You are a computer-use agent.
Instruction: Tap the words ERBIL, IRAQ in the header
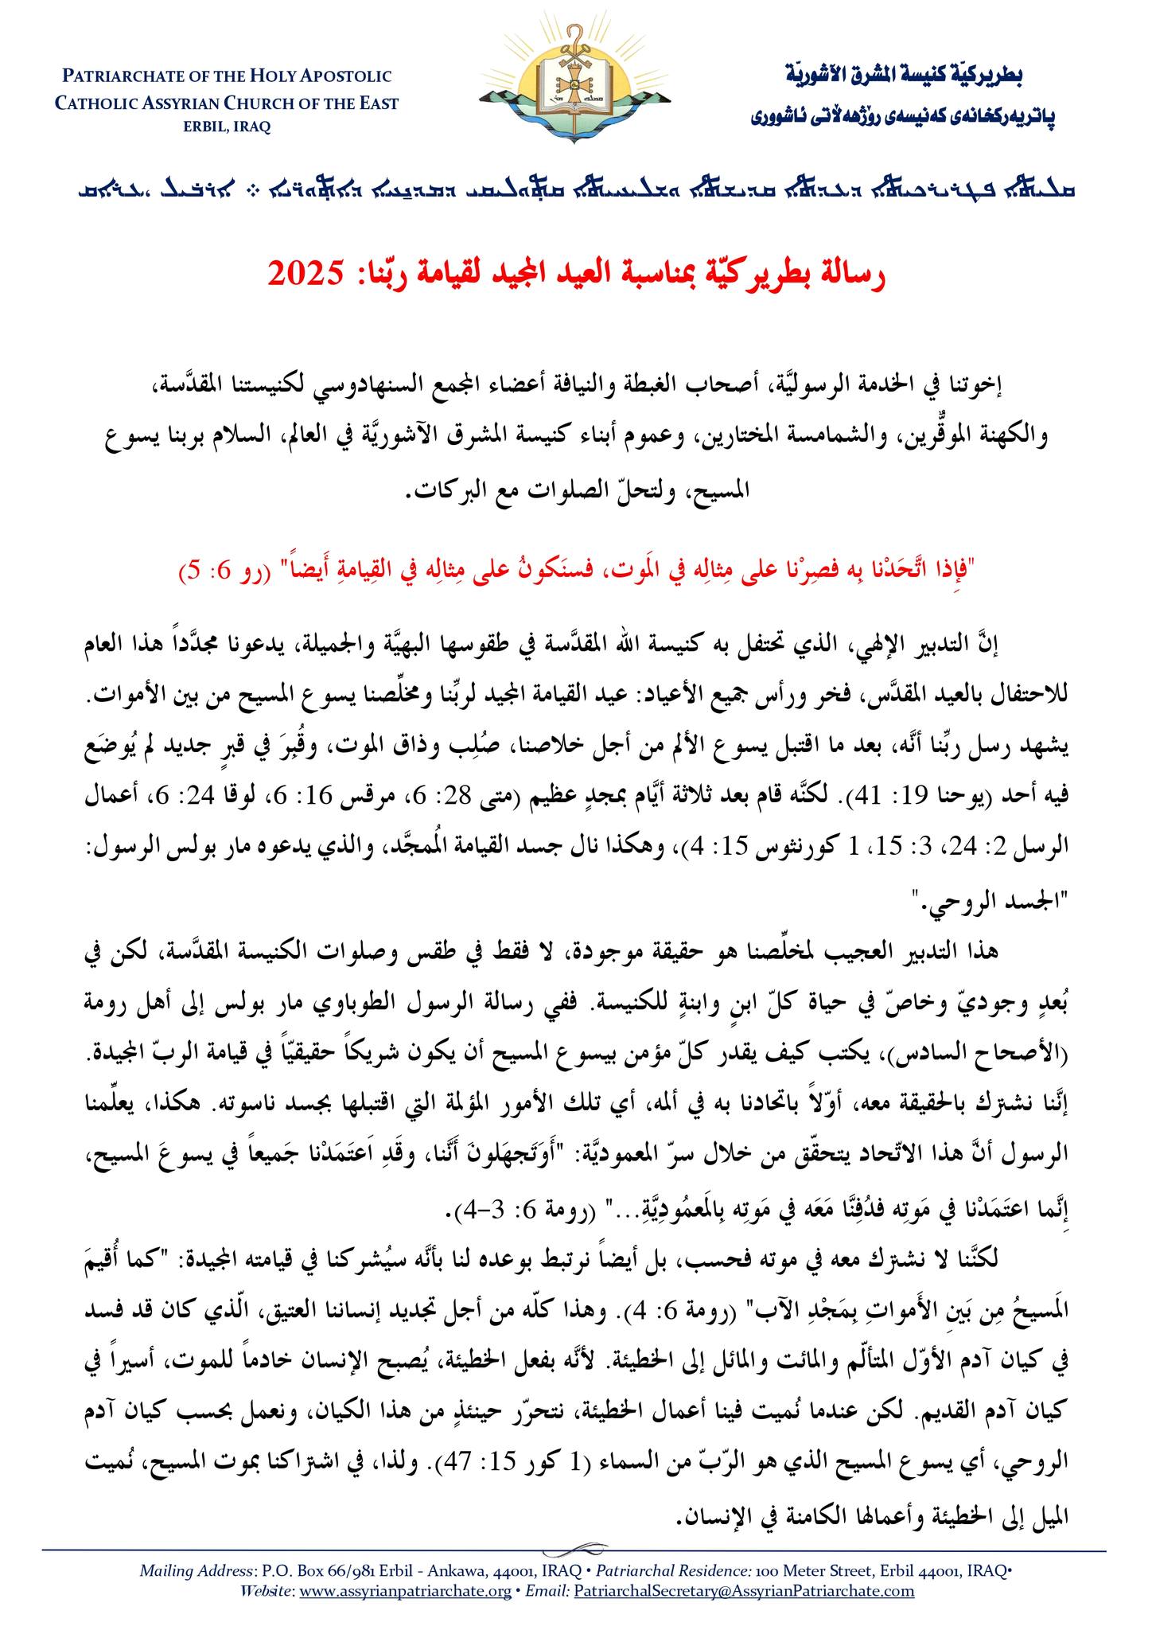(227, 127)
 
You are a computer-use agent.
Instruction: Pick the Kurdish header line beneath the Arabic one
(903, 118)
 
